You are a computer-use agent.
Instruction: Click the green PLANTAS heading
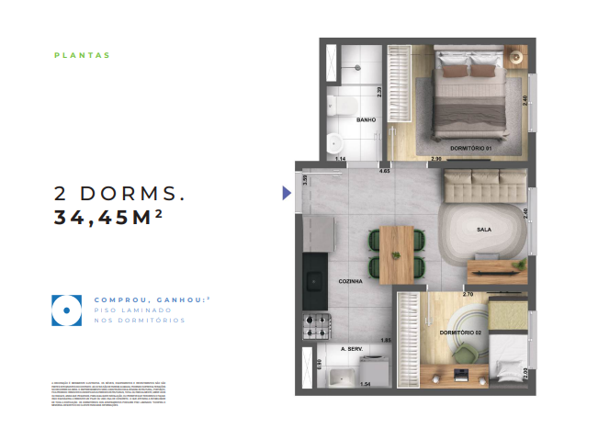pyautogui.click(x=83, y=55)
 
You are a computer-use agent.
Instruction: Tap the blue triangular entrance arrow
pyautogui.click(x=287, y=193)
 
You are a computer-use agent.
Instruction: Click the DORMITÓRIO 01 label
pyautogui.click(x=472, y=148)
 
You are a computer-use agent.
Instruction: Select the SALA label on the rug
pyautogui.click(x=484, y=230)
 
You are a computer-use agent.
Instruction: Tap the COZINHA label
pyautogui.click(x=351, y=281)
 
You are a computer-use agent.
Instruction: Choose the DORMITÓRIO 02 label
pyautogui.click(x=460, y=332)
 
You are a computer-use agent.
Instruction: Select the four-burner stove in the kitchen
pyautogui.click(x=316, y=324)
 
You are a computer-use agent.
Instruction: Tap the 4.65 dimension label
pyautogui.click(x=385, y=171)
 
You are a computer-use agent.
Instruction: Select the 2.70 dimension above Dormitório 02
pyautogui.click(x=468, y=294)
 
